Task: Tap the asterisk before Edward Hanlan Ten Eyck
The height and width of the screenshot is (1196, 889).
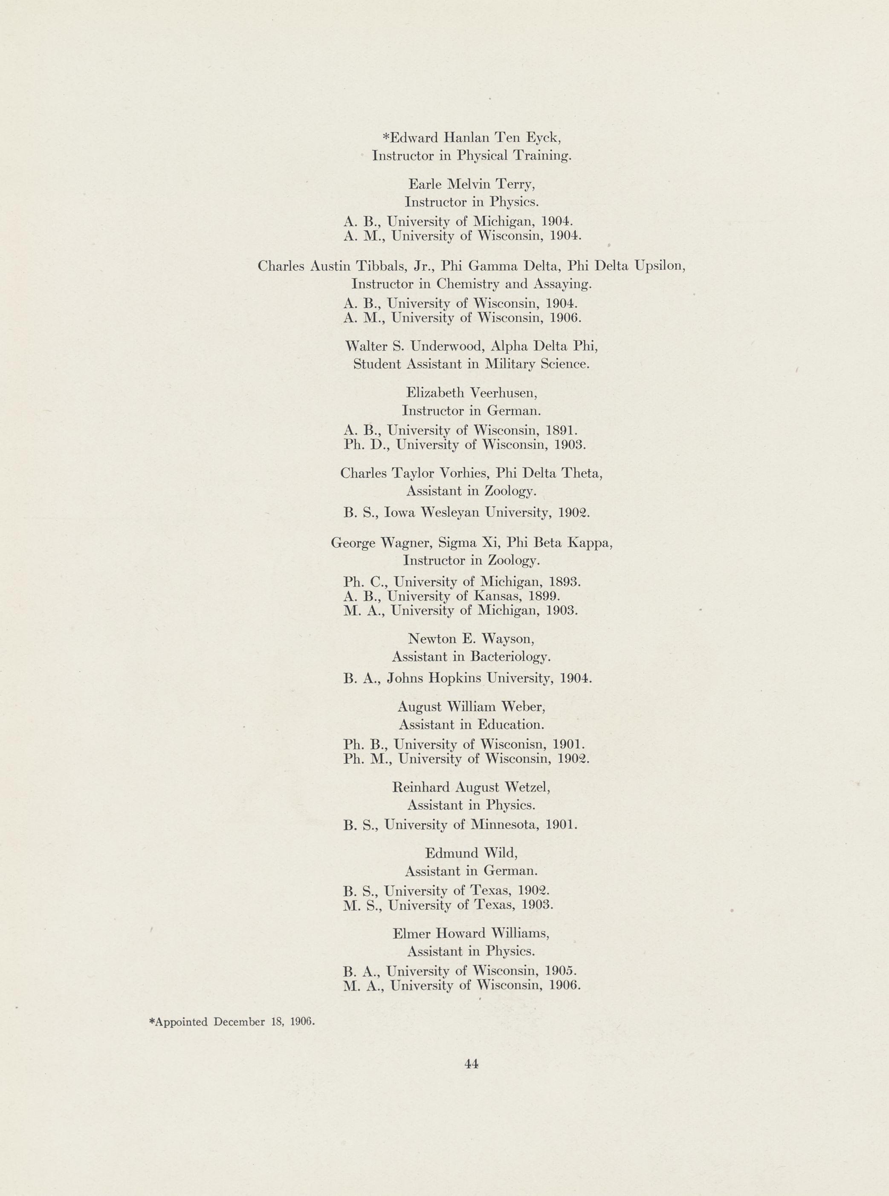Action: coord(385,137)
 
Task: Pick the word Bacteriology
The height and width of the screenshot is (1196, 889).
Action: coord(510,656)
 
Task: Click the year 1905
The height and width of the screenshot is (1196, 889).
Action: coord(561,971)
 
